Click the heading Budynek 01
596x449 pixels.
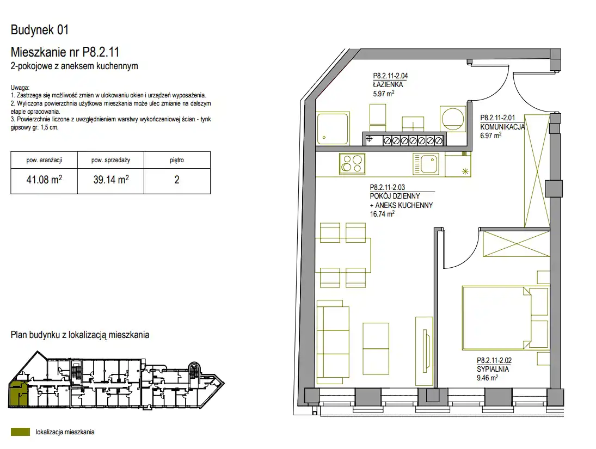point(40,29)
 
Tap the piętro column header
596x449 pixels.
point(177,160)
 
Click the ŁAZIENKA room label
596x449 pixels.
point(388,84)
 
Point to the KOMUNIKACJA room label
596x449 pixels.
point(502,127)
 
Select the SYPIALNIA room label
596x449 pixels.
point(493,369)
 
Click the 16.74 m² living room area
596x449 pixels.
point(382,214)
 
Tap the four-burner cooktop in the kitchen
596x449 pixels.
point(352,164)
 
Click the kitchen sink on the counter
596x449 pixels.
point(426,163)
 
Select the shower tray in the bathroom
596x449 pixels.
point(333,128)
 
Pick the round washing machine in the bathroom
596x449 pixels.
point(453,118)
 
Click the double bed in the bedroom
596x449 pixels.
point(505,318)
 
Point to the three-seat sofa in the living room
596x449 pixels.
point(333,342)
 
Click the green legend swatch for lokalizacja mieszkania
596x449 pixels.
point(20,432)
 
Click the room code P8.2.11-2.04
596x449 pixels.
point(390,76)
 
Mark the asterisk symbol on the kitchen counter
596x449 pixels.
point(465,171)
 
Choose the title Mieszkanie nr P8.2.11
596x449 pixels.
point(65,52)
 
